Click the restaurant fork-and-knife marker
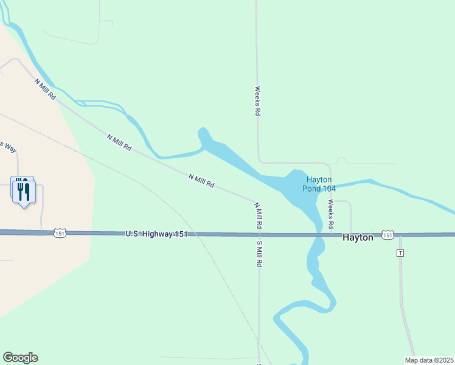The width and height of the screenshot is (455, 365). tap(23, 190)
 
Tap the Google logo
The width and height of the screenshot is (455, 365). tap(20, 358)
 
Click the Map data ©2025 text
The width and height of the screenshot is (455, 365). tap(429, 360)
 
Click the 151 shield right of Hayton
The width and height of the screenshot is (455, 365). tap(387, 234)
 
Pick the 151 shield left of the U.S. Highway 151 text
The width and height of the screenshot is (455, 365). tap(59, 233)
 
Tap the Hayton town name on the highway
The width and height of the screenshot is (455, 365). tap(358, 238)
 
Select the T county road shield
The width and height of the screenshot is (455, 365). tap(400, 252)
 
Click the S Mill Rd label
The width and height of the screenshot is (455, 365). tap(259, 255)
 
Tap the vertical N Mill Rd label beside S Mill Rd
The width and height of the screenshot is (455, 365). tap(258, 215)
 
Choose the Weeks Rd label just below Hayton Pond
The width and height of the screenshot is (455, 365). tap(331, 214)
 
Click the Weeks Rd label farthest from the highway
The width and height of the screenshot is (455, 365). tap(258, 101)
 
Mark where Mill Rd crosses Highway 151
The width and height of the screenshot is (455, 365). tap(259, 234)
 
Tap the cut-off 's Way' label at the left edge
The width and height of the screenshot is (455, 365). tap(7, 146)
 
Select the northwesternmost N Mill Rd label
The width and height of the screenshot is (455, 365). tap(45, 89)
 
